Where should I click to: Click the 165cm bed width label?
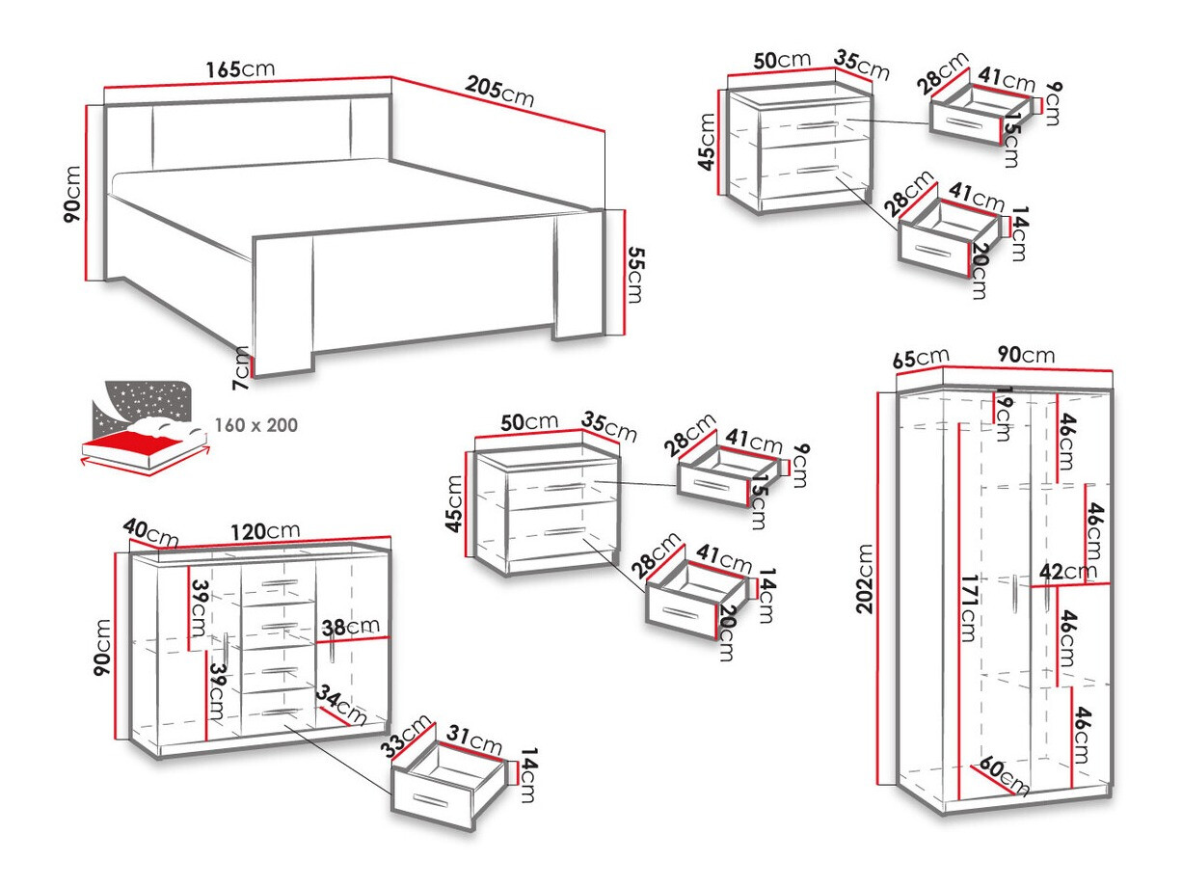[x=240, y=69]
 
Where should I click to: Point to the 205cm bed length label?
[x=499, y=93]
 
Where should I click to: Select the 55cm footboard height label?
[x=632, y=274]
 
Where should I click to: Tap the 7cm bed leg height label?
[x=241, y=367]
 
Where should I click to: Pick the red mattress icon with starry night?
[x=144, y=429]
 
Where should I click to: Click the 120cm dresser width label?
[x=264, y=531]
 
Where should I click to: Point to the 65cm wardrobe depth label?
[x=917, y=359]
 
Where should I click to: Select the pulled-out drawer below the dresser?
[x=447, y=783]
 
